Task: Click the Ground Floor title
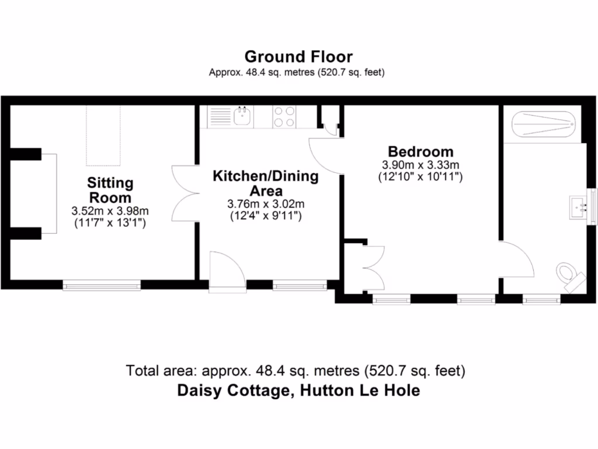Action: [x=298, y=57]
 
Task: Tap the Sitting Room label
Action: [x=110, y=189]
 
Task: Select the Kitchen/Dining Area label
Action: [x=266, y=183]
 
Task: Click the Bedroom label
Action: [x=420, y=151]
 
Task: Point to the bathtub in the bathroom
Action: [x=544, y=124]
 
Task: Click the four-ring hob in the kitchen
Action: [x=284, y=116]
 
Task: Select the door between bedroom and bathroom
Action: [x=517, y=261]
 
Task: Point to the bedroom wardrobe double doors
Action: [x=374, y=268]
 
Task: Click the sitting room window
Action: [x=102, y=285]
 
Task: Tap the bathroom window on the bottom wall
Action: [x=541, y=300]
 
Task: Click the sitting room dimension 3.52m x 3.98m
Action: [x=110, y=211]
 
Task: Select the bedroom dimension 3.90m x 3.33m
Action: [x=420, y=164]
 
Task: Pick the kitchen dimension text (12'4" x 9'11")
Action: [x=266, y=215]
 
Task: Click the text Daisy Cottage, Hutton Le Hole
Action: [x=298, y=391]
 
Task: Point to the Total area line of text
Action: [x=295, y=371]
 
